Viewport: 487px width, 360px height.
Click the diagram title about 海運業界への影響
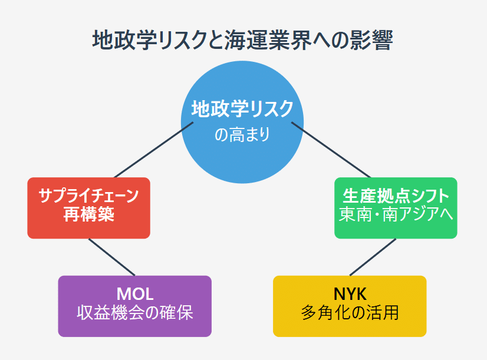pyautogui.click(x=242, y=40)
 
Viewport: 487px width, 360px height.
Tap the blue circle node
pyautogui.click(x=242, y=122)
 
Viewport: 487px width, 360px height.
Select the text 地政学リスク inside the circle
pyautogui.click(x=242, y=108)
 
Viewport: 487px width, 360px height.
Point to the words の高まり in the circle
pyautogui.click(x=242, y=135)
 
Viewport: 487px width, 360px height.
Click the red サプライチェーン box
pyautogui.click(x=89, y=208)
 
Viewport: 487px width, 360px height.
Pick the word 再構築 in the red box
pyautogui.click(x=89, y=214)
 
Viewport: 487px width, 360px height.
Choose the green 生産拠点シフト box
pyautogui.click(x=396, y=208)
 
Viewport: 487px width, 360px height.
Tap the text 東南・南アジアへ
pyautogui.click(x=396, y=214)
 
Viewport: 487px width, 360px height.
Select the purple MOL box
pyautogui.click(x=135, y=306)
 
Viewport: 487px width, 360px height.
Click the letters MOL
pyautogui.click(x=135, y=293)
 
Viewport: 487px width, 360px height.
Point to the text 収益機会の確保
pyautogui.click(x=135, y=312)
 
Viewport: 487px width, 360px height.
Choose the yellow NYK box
pyautogui.click(x=350, y=306)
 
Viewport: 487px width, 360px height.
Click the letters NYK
pyautogui.click(x=350, y=293)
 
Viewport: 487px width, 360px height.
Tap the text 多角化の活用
pyautogui.click(x=350, y=312)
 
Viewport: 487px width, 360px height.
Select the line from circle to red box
pyautogui.click(x=154, y=150)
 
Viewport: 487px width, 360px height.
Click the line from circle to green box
pyautogui.click(x=331, y=150)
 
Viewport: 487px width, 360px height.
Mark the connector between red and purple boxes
pyautogui.click(x=112, y=257)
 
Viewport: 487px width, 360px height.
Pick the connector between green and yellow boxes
pyautogui.click(x=373, y=257)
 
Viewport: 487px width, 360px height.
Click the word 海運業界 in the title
pyautogui.click(x=268, y=40)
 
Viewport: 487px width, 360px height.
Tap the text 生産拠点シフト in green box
pyautogui.click(x=396, y=196)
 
